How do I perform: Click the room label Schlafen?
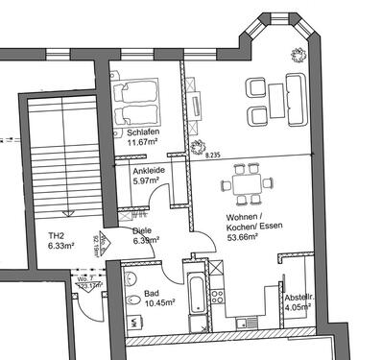point(142,133)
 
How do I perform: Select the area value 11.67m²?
point(142,144)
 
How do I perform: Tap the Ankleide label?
point(149,171)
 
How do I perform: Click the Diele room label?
point(142,231)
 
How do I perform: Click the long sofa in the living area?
point(287,100)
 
